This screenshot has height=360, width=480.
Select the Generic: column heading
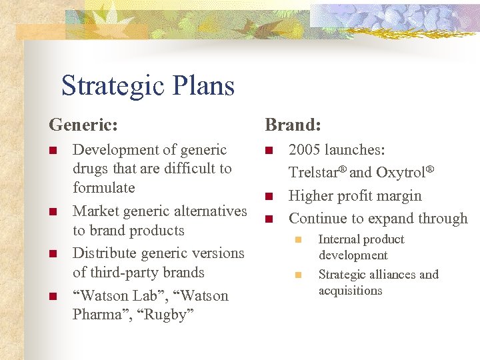pyautogui.click(x=83, y=125)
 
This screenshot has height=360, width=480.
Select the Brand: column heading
pyautogui.click(x=293, y=125)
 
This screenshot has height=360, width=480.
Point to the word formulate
pyautogui.click(x=103, y=187)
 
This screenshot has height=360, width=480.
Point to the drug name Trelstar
pyautogui.click(x=316, y=172)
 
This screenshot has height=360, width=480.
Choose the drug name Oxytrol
pyautogui.click(x=402, y=172)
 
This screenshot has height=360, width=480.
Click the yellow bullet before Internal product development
pyautogui.click(x=299, y=239)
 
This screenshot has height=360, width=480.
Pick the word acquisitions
pyautogui.click(x=350, y=290)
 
